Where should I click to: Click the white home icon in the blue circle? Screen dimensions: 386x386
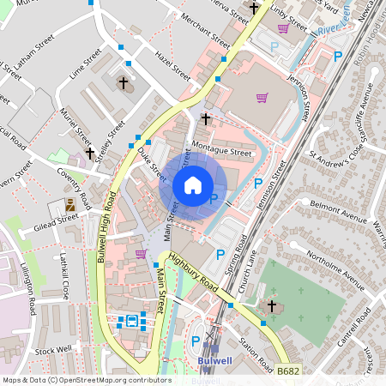pos(193,184)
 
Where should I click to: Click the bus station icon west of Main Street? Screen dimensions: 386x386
pos(132,321)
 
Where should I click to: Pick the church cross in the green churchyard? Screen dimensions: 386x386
pos(272,305)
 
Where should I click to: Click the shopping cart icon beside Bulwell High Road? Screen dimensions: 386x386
pos(141,253)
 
